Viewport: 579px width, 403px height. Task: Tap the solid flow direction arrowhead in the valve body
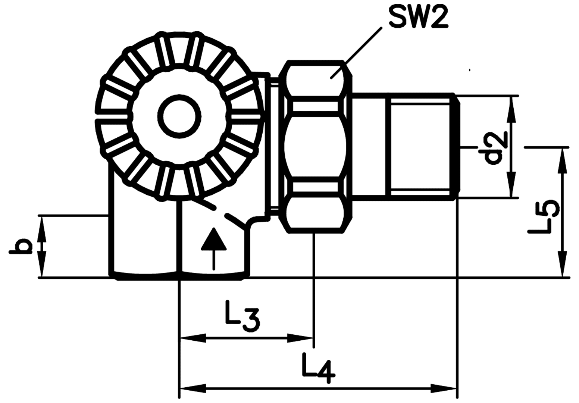(x=213, y=239)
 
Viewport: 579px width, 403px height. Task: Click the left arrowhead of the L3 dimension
(x=193, y=338)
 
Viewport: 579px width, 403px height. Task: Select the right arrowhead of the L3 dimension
(x=300, y=338)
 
